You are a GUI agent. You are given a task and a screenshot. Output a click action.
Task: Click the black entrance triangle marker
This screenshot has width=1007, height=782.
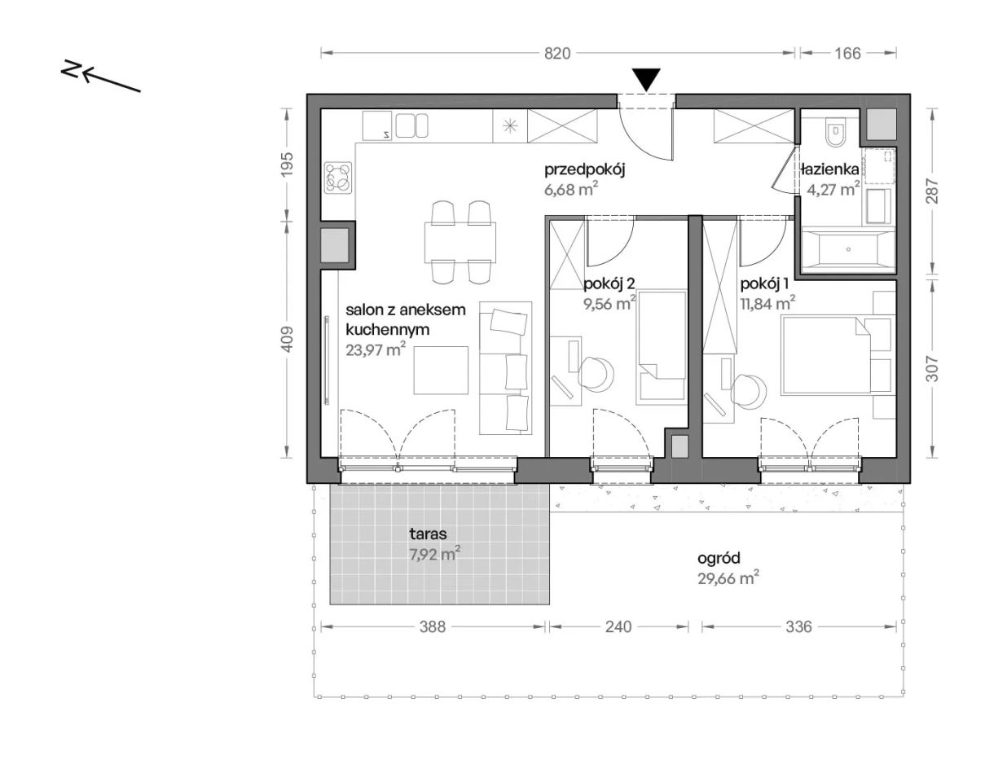[646, 80]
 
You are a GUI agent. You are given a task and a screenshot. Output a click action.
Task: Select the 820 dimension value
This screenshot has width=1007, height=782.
[557, 53]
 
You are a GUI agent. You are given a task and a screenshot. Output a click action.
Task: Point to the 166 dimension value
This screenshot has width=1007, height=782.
[847, 53]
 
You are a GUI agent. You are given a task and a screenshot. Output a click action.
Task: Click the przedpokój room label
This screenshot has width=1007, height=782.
[584, 169]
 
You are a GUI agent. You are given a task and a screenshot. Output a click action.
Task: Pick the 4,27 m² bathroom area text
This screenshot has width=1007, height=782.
[833, 189]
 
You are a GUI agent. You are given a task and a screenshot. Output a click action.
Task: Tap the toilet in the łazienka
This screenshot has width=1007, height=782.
[837, 132]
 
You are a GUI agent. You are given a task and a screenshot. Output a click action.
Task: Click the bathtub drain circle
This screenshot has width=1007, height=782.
[848, 249]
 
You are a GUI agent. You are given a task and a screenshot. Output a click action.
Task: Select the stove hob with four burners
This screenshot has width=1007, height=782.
[338, 178]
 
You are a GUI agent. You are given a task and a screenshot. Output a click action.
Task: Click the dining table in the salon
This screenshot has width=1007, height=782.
[460, 241]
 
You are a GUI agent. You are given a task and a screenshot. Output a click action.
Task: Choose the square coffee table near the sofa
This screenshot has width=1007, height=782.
[441, 370]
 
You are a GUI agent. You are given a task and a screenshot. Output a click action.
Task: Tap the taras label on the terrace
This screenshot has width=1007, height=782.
[428, 534]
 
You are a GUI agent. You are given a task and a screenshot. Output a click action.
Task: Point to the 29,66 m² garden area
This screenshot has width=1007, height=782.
[728, 578]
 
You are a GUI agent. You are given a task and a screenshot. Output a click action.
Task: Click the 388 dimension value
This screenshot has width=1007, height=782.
[432, 626]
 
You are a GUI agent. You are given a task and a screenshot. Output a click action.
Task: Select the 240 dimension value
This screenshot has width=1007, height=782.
[618, 626]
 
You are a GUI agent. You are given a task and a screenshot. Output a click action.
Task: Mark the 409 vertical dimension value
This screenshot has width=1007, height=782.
[288, 339]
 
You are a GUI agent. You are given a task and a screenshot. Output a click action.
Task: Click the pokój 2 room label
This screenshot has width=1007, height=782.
[609, 283]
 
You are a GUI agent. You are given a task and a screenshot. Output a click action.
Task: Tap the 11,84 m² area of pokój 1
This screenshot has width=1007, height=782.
[767, 304]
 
